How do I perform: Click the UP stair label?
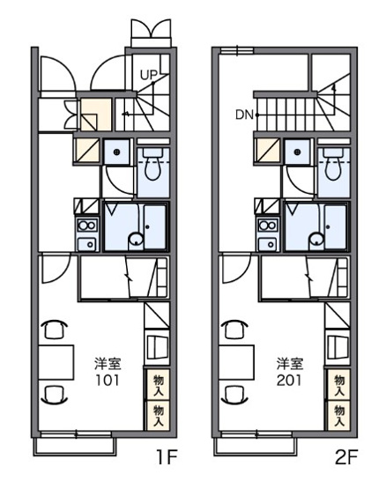pos(147,75)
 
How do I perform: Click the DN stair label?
pos(245,114)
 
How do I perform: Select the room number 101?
pos(107,380)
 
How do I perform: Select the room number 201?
pos(287,380)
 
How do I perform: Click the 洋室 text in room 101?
pos(107,363)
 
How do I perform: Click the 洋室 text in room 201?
pos(287,363)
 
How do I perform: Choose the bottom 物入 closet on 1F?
pos(158,412)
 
